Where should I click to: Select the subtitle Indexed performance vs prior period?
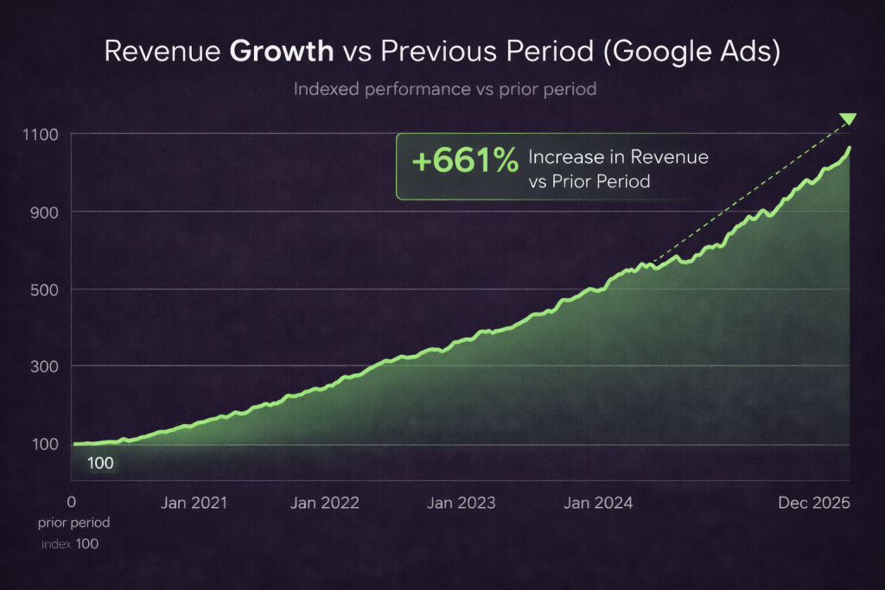click(445, 90)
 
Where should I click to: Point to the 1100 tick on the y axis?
click(41, 135)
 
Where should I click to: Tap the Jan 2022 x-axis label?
click(325, 503)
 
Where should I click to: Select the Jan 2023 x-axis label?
click(462, 503)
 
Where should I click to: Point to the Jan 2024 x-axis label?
click(597, 503)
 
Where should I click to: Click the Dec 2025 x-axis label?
click(812, 503)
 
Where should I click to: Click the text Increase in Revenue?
click(618, 157)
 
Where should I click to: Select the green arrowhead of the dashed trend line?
click(848, 119)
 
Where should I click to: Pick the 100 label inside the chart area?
click(100, 464)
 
